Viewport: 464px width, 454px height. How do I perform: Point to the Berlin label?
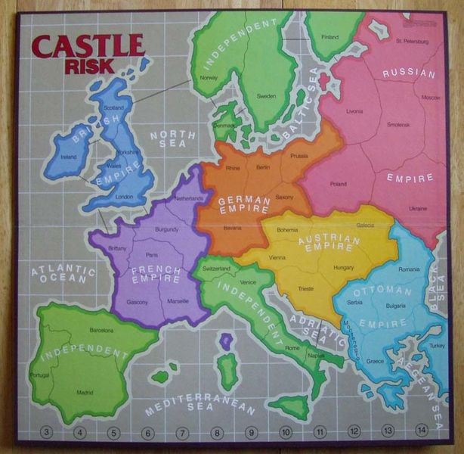(x=262, y=166)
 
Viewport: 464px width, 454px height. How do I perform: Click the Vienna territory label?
(x=277, y=258)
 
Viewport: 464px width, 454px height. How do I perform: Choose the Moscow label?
(x=431, y=98)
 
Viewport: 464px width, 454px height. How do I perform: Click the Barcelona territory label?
(x=101, y=331)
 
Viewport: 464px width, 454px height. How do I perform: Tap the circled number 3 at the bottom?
(x=47, y=433)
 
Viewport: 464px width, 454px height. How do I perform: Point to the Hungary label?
(x=343, y=268)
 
